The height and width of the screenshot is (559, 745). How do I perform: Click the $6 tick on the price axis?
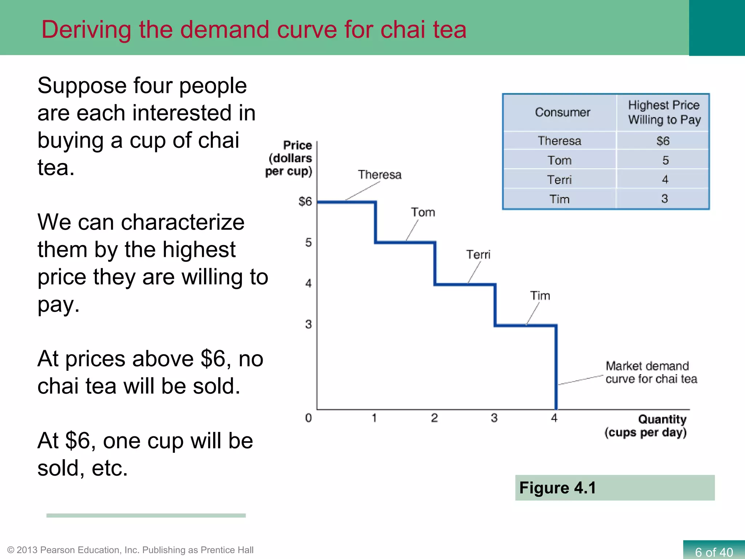[x=305, y=201]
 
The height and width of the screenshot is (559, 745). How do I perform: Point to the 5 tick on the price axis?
[x=308, y=242]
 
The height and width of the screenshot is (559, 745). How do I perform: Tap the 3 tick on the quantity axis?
[x=494, y=418]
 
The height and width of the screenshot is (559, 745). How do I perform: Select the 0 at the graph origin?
[x=308, y=418]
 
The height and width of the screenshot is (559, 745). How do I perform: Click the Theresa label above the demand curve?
[x=379, y=175]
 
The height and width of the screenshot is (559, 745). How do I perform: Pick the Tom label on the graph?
[x=423, y=212]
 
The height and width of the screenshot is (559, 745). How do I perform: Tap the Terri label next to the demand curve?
[x=478, y=254]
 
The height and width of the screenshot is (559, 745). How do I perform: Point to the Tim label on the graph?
[x=540, y=296]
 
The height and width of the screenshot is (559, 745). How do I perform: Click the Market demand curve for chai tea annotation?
[x=651, y=372]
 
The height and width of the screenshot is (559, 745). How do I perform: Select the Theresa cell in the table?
[x=559, y=141]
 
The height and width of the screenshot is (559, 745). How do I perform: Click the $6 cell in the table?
[x=663, y=141]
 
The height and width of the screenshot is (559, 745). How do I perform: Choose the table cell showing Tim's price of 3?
[x=664, y=199]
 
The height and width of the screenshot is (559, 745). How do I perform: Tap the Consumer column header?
[x=562, y=112]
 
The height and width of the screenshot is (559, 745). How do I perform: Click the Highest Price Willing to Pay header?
[x=664, y=112]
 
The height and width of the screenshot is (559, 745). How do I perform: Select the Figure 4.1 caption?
[x=557, y=488]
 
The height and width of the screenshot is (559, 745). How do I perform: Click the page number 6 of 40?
[x=714, y=552]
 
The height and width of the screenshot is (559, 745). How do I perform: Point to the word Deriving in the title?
[x=86, y=30]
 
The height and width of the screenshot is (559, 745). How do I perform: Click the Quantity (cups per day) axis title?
[x=646, y=426]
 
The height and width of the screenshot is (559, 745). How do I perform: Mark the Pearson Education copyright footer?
[x=130, y=550]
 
